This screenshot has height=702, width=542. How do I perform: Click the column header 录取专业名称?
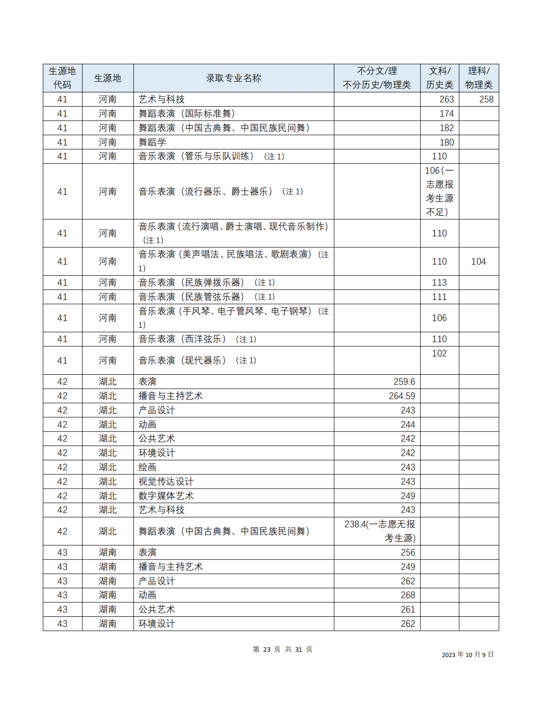pos(233,78)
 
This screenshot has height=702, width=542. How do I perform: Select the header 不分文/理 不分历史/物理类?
pos(376,78)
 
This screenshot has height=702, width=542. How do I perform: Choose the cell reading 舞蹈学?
pos(152,142)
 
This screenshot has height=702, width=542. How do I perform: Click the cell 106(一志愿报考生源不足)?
pos(439,191)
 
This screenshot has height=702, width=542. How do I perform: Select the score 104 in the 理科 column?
pos(478,261)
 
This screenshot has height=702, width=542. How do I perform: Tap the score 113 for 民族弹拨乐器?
pos(439,282)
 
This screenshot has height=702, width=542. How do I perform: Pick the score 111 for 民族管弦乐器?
pos(439,297)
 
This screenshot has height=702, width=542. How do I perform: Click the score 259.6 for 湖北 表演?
pos(404,381)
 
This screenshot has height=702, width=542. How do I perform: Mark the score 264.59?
pos(402,396)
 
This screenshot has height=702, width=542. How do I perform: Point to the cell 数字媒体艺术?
pos(166,496)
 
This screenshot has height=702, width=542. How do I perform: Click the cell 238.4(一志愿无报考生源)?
pos(380,531)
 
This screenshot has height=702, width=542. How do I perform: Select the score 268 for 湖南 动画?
pos(408,595)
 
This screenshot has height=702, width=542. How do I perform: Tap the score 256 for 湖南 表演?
pos(408,552)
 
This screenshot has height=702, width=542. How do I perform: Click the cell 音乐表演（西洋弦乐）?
pos(182,339)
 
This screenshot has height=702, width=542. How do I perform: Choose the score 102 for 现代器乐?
pos(439,354)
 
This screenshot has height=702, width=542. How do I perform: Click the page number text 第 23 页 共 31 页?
pos(282,649)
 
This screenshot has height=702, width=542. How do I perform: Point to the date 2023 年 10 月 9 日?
pos(467,655)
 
